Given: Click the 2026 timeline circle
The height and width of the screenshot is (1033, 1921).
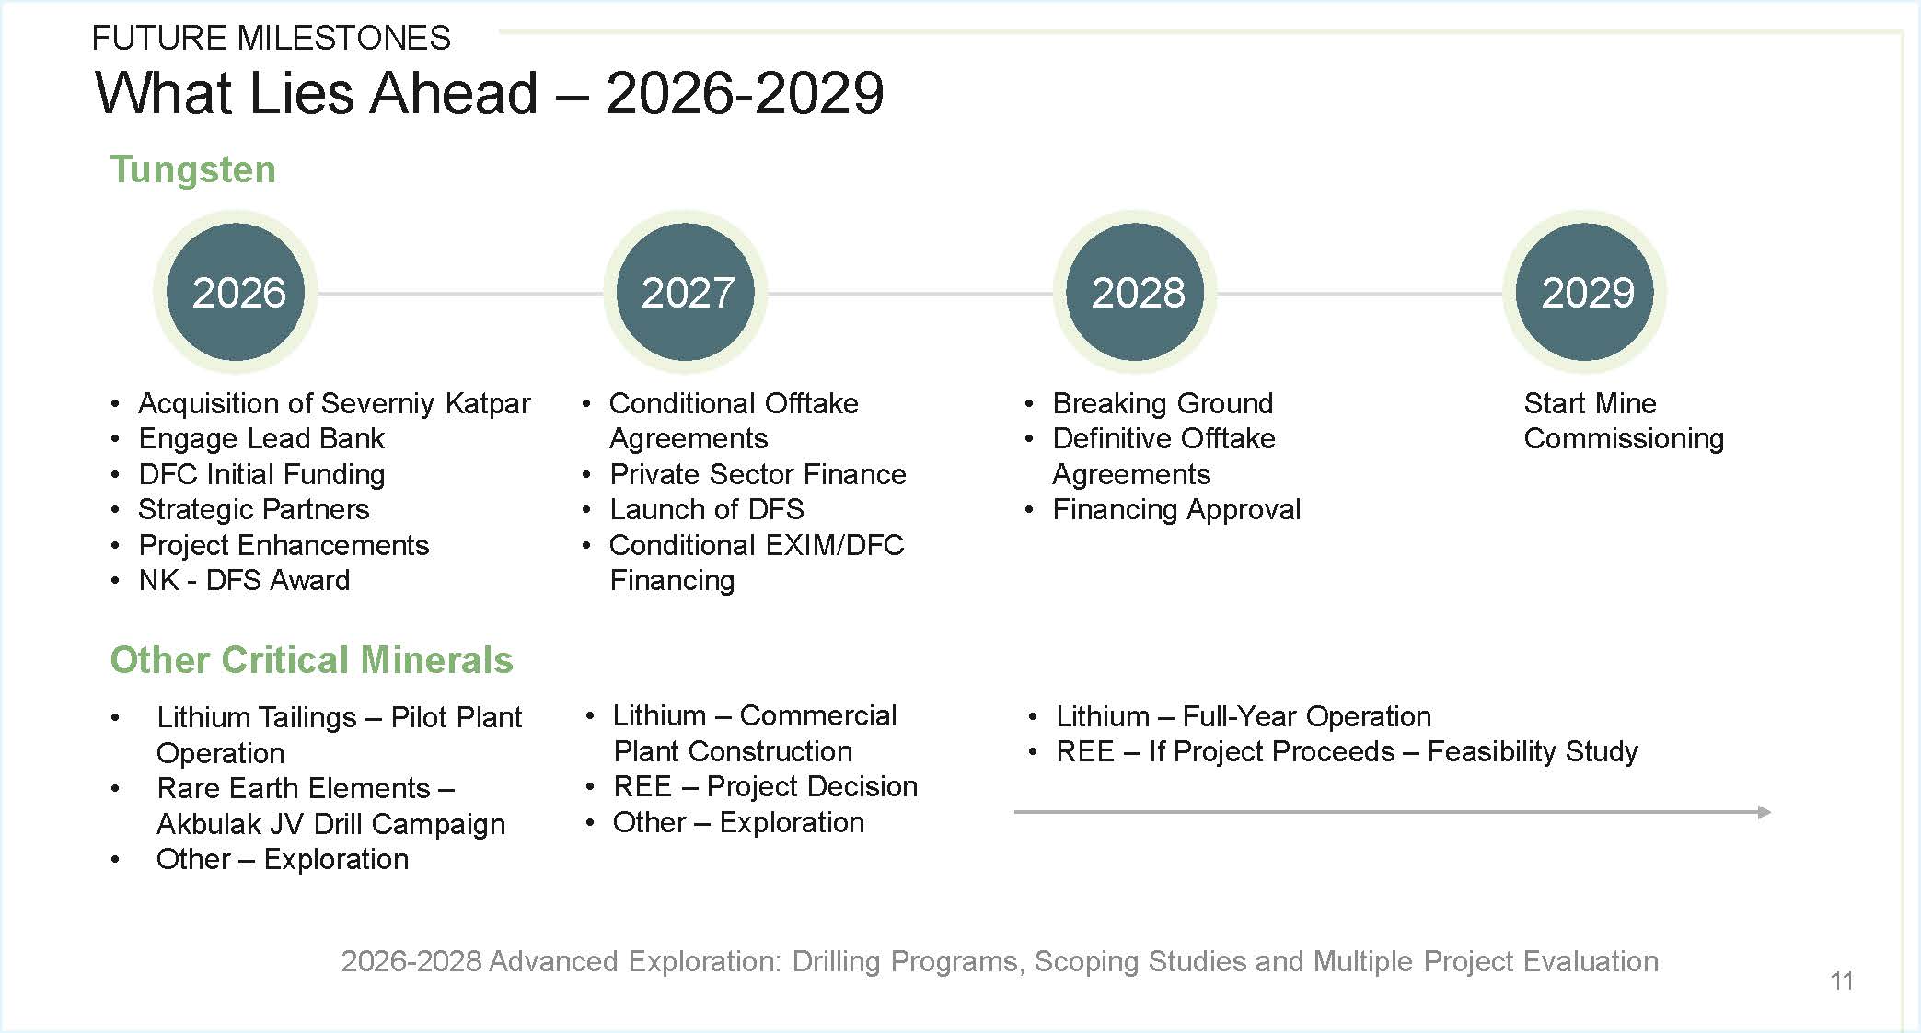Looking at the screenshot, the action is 236,293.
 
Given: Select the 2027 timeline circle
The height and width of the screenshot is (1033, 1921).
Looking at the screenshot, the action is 686,293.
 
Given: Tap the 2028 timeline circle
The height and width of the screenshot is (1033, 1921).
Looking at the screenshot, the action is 1135,293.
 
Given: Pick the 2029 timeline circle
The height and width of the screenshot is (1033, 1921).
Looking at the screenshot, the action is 1585,293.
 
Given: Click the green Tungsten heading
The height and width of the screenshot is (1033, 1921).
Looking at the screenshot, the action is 193,169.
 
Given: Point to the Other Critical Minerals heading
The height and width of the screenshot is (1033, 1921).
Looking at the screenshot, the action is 311,660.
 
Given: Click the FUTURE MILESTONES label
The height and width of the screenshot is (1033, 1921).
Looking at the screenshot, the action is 272,38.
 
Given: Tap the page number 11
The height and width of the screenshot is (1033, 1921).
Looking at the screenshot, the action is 1842,981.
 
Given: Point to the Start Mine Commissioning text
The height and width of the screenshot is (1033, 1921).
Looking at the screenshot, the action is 1624,421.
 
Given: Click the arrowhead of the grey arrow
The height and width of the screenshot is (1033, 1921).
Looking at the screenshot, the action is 1765,812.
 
